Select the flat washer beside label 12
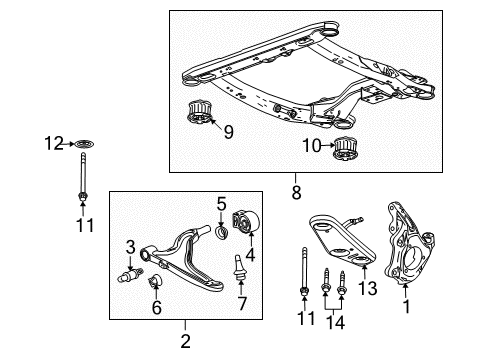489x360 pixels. tap(79, 146)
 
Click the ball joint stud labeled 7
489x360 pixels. tap(238, 269)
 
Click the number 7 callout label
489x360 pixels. tap(239, 303)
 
